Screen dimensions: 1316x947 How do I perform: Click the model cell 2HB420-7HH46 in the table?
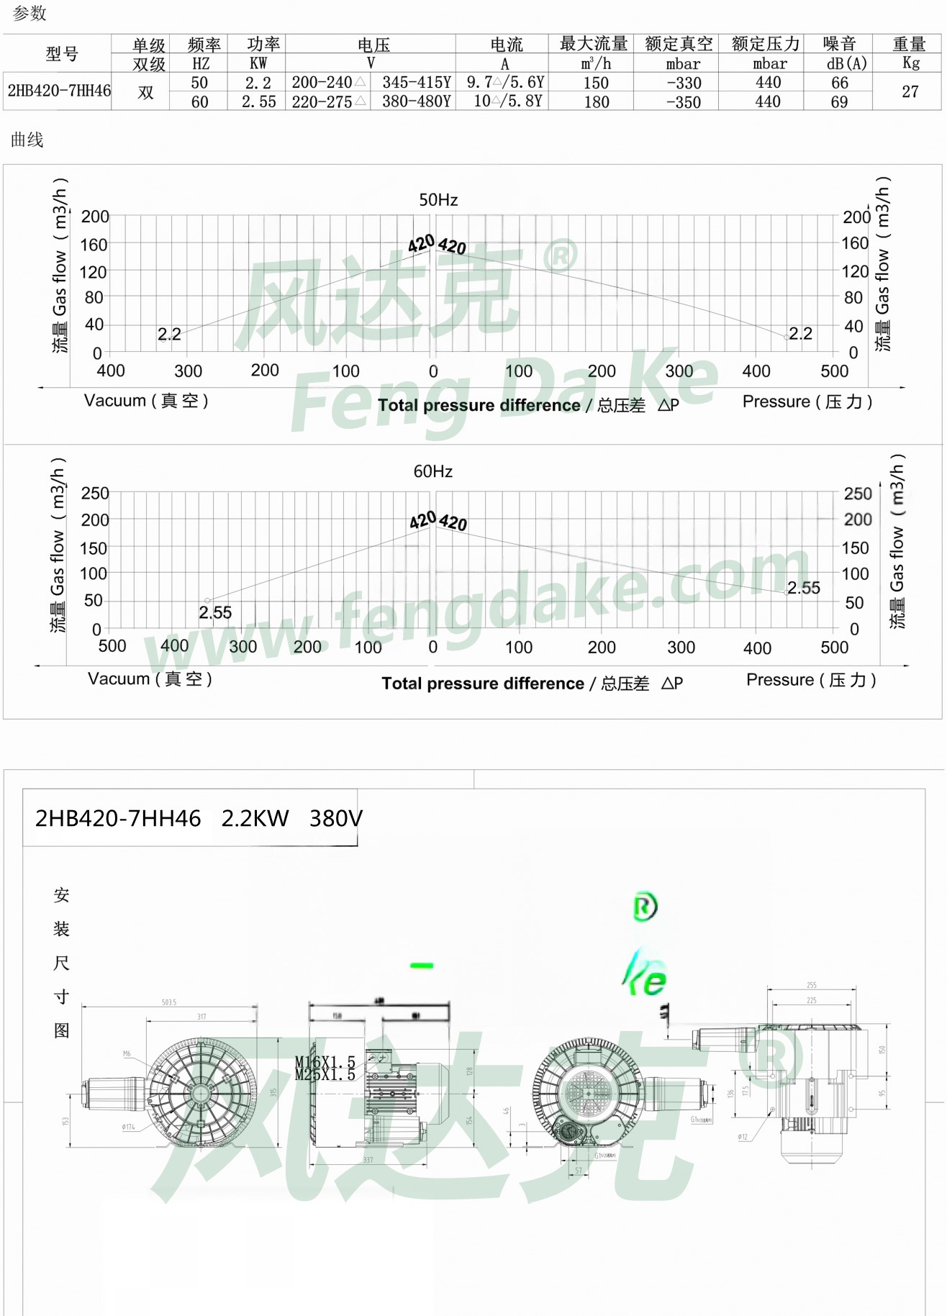point(58,91)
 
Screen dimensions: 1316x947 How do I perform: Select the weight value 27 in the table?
point(910,92)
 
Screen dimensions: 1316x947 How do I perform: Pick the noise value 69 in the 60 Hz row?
point(839,102)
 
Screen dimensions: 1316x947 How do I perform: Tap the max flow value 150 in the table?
point(596,83)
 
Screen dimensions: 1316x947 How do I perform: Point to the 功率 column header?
point(263,45)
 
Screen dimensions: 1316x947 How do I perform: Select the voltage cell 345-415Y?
point(416,83)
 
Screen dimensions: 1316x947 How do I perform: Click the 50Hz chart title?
point(438,200)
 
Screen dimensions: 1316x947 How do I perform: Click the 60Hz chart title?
point(432,471)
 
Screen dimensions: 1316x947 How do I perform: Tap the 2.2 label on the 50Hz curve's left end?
point(169,335)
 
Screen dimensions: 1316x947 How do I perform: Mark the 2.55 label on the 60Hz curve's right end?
point(804,588)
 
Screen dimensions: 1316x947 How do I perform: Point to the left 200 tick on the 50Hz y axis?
point(95,217)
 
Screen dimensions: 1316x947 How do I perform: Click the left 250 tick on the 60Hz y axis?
point(95,494)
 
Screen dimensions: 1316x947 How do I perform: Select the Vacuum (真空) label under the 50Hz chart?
point(146,401)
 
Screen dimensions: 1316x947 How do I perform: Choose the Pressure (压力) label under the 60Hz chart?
point(811,680)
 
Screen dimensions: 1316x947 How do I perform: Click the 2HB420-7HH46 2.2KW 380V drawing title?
point(199,819)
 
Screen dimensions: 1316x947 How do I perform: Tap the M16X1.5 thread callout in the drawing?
point(325,1062)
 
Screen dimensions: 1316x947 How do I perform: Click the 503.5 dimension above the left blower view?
point(168,1002)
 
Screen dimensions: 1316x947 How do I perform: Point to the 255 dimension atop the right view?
point(811,985)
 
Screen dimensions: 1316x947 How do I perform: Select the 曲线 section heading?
point(27,140)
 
